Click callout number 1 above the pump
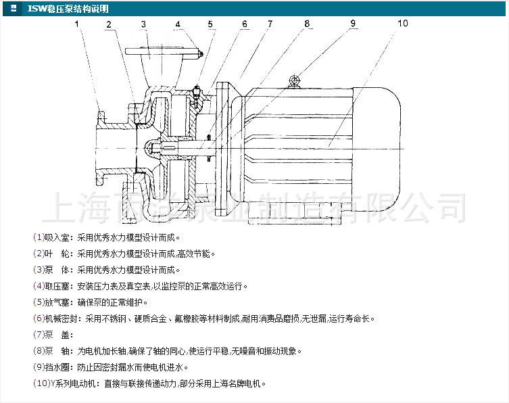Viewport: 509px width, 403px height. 77,24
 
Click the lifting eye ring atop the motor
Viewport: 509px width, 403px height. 294,81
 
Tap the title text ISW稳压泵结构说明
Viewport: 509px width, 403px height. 68,8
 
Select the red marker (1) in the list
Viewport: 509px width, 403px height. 38,238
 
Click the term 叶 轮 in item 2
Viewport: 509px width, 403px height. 57,254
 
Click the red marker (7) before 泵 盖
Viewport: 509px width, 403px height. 38,335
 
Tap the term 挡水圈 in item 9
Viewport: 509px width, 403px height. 57,367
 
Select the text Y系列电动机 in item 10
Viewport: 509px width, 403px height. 72,383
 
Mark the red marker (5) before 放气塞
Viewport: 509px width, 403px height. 38,302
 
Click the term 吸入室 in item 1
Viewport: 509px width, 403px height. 57,238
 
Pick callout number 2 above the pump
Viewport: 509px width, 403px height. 108,24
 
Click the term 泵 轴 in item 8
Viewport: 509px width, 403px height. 57,351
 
